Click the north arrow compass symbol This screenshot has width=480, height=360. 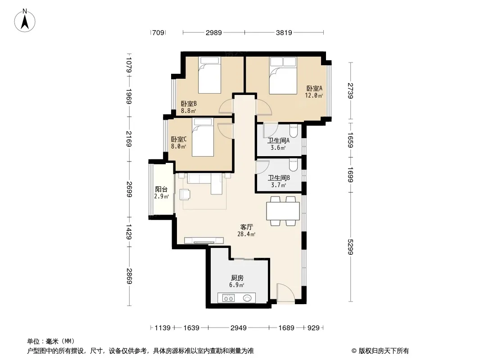(x=25, y=21)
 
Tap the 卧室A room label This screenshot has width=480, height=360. (x=314, y=88)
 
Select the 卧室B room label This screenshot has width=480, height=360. (x=189, y=103)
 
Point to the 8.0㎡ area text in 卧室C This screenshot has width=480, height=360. (x=178, y=147)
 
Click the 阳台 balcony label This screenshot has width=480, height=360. (x=161, y=189)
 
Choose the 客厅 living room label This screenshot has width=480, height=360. (x=246, y=227)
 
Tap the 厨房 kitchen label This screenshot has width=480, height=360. (x=237, y=278)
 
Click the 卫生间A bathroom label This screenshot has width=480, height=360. (x=278, y=141)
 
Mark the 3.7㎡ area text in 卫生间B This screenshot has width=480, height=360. (x=279, y=185)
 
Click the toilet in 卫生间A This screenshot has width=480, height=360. (x=293, y=130)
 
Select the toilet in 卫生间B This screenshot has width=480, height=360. (x=293, y=165)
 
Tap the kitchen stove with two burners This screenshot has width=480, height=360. (x=228, y=297)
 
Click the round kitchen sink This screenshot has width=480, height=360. (x=247, y=297)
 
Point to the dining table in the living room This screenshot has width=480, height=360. (x=283, y=211)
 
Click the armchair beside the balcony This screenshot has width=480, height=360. (x=185, y=194)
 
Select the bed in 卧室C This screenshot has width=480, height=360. (x=202, y=137)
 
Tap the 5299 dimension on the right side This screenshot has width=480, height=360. (x=350, y=247)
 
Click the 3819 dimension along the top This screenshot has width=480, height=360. (x=284, y=32)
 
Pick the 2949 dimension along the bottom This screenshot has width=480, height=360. (x=239, y=328)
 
